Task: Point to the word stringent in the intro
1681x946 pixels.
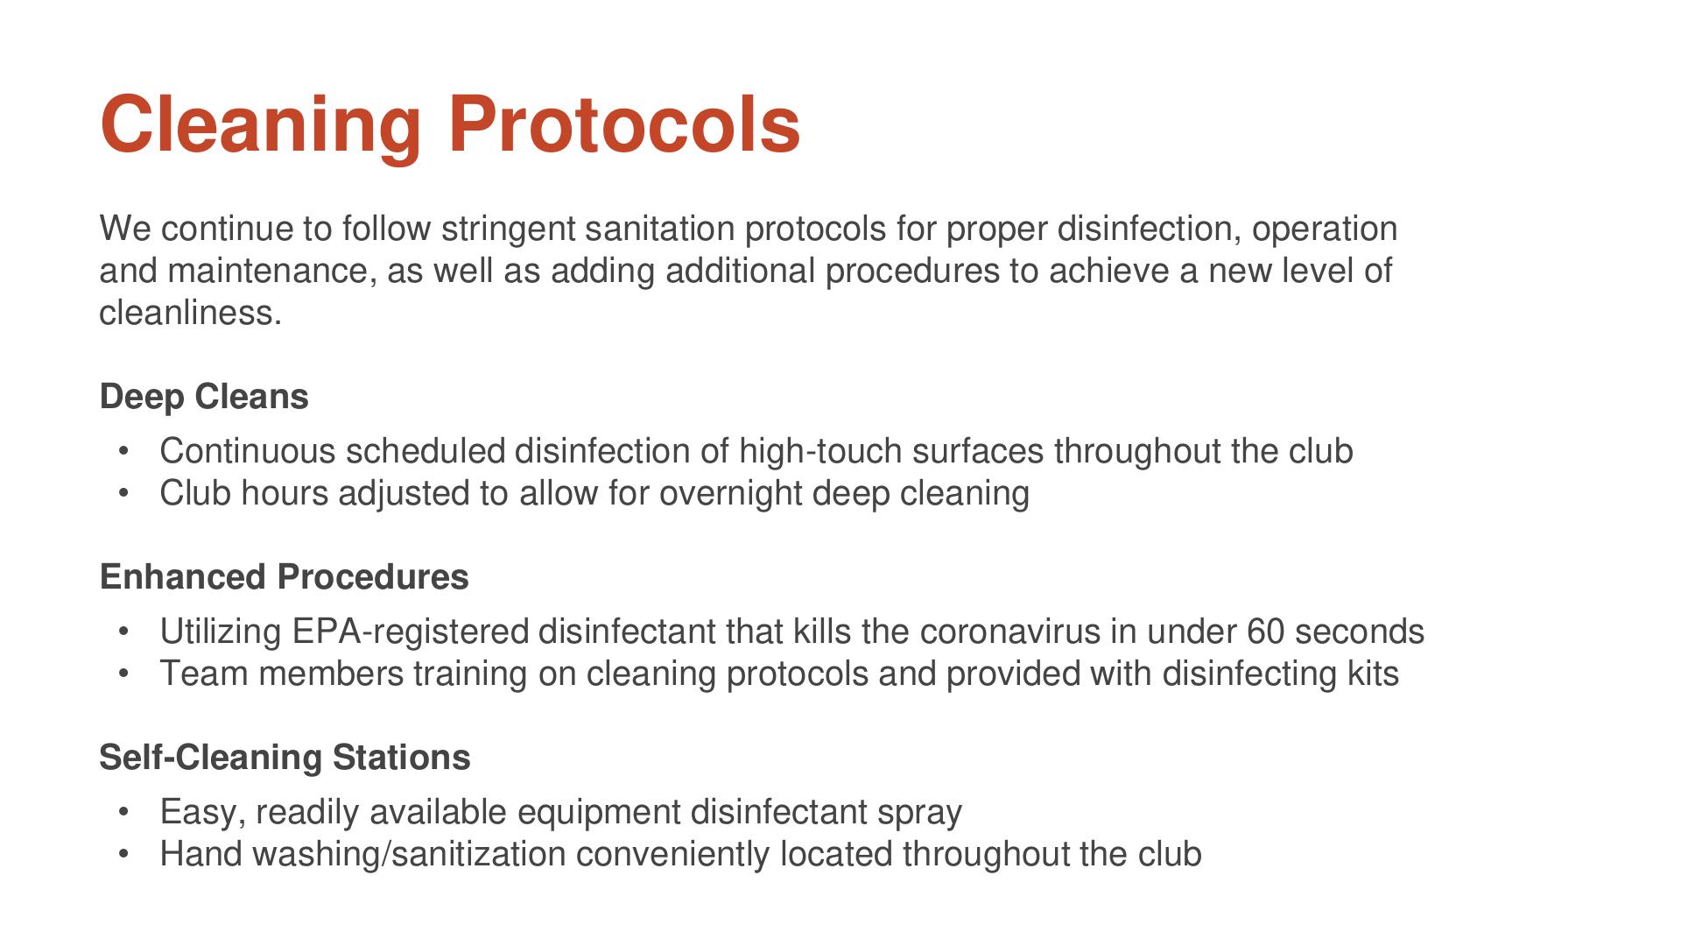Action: click(x=508, y=229)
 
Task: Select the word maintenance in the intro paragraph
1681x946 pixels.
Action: click(x=272, y=272)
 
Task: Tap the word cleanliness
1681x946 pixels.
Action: click(x=190, y=313)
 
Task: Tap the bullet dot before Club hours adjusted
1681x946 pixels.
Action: click(x=123, y=494)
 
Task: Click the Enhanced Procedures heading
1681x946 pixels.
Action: click(x=285, y=577)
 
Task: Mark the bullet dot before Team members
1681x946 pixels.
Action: click(x=123, y=674)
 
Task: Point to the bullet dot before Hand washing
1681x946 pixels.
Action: click(x=123, y=855)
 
